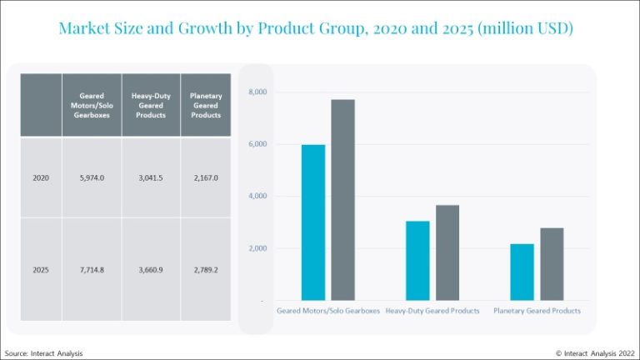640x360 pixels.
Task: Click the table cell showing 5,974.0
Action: point(92,177)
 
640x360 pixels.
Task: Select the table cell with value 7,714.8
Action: point(92,270)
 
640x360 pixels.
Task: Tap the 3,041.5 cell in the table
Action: point(150,177)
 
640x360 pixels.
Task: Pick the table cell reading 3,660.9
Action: point(150,270)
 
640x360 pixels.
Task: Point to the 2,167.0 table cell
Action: point(204,177)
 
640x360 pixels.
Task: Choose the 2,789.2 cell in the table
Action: point(204,270)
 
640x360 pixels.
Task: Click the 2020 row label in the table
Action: point(41,177)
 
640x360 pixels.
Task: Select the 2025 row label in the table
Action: point(41,270)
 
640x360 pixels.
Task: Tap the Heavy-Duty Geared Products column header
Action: point(150,105)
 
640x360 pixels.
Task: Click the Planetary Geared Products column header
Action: point(204,105)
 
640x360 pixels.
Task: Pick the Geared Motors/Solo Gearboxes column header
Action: point(92,105)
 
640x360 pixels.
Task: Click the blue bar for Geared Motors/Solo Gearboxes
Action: point(313,222)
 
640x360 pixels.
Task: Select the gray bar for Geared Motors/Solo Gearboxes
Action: point(342,200)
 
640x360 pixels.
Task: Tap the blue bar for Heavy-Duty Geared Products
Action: point(418,260)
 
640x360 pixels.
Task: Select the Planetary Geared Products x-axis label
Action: point(537,311)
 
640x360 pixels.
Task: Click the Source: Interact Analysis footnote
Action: point(44,353)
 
